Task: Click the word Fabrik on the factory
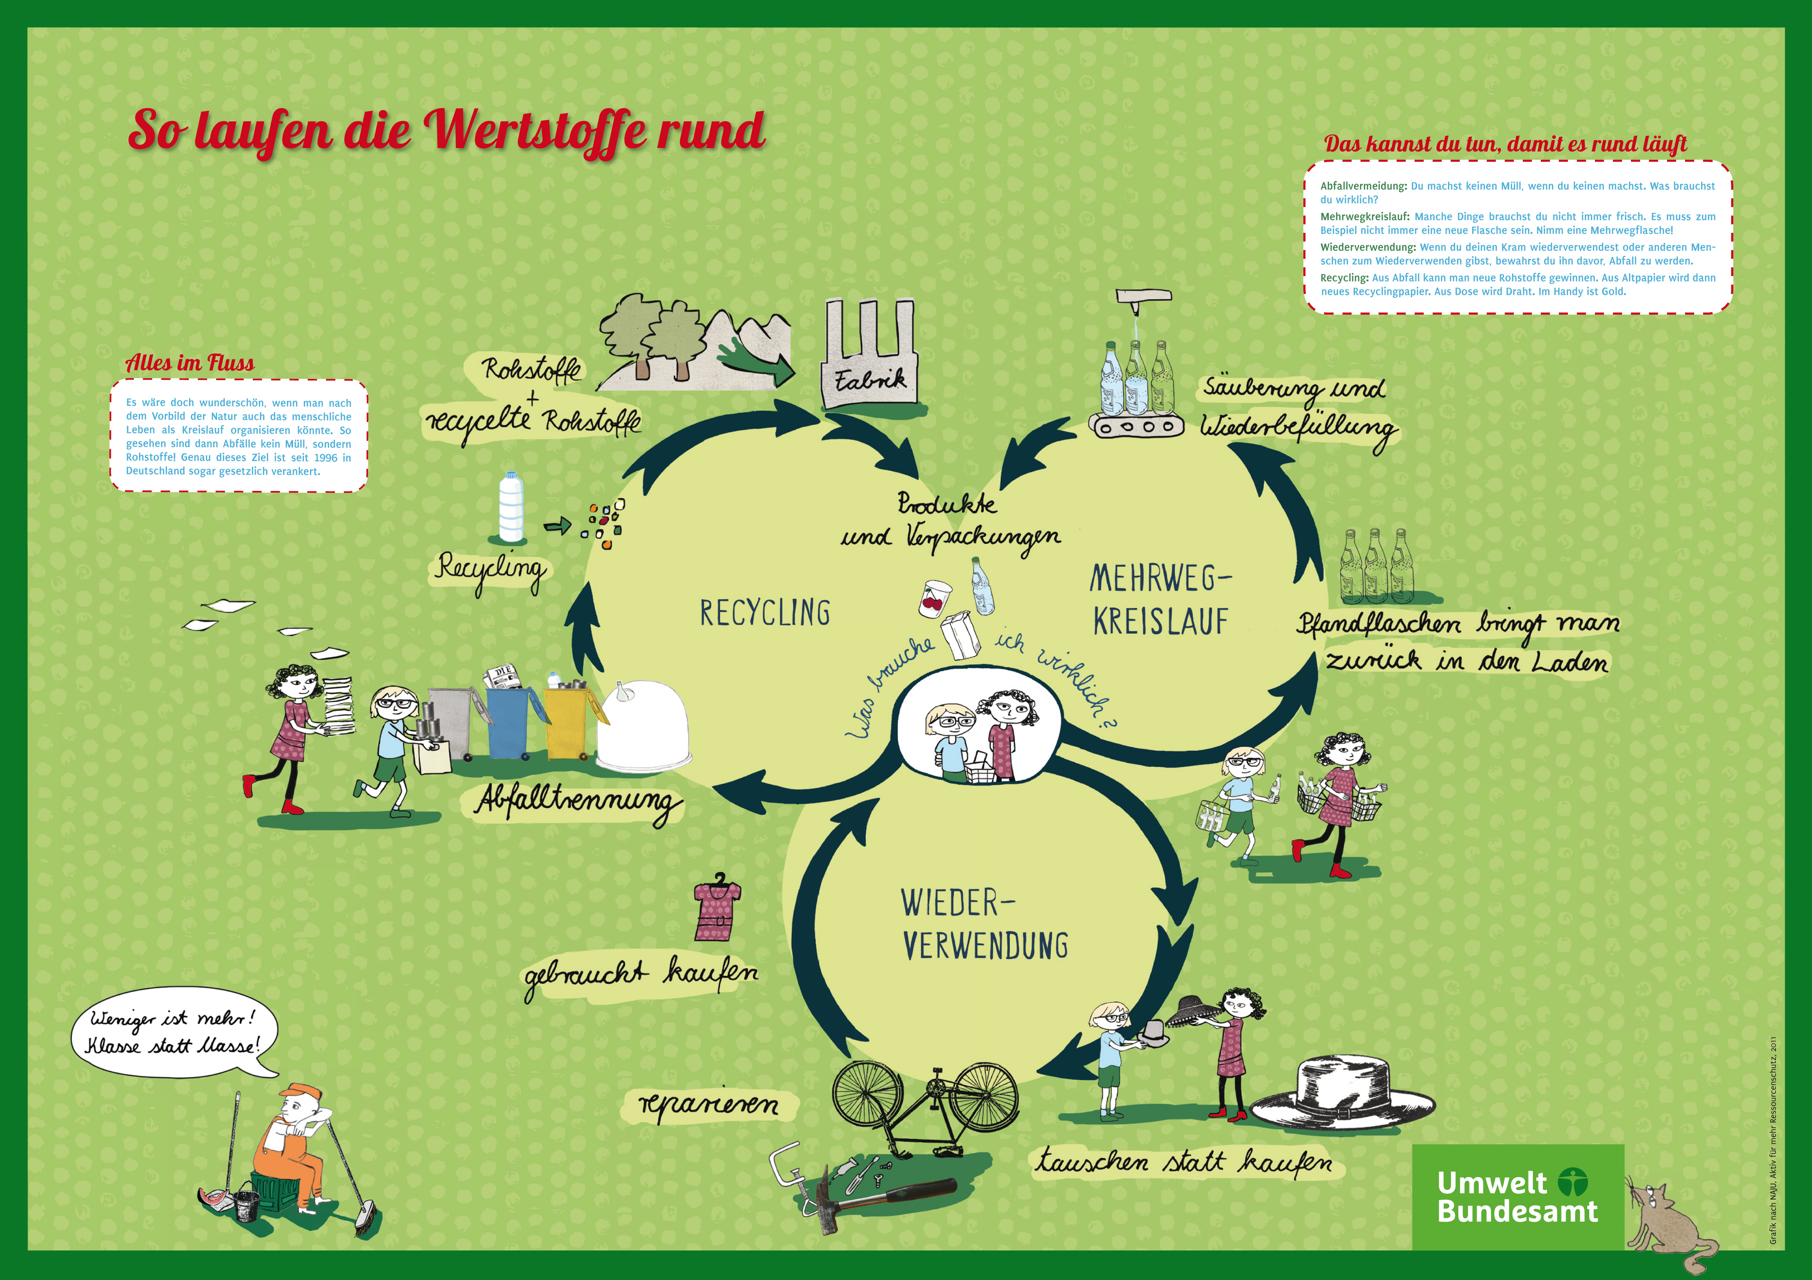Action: tap(870, 381)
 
